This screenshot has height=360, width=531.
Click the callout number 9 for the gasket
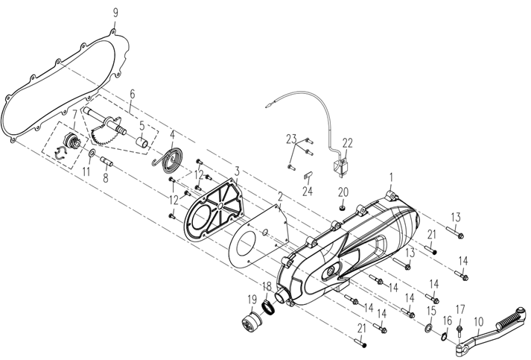(x=115, y=12)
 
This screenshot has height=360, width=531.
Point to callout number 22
(x=348, y=143)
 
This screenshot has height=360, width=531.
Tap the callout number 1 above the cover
(x=391, y=177)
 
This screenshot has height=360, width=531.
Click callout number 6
(x=132, y=94)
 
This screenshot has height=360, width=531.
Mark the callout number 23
(x=291, y=138)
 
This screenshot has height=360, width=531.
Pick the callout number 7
(x=74, y=113)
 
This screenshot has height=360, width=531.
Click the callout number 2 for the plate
(x=279, y=198)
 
